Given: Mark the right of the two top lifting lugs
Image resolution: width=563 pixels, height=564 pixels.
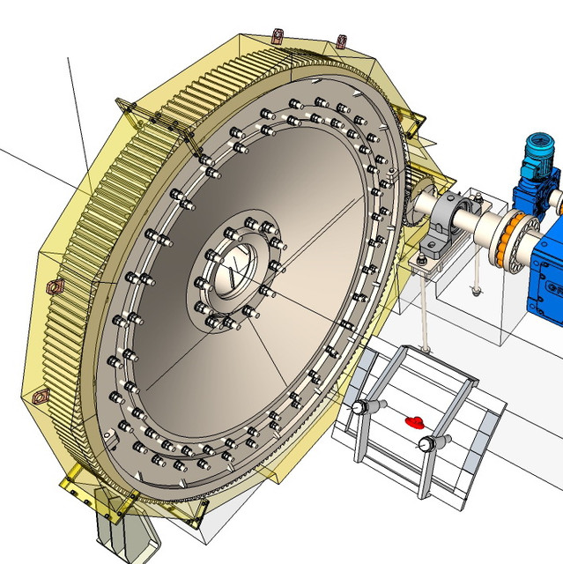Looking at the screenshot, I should pyautogui.click(x=342, y=41).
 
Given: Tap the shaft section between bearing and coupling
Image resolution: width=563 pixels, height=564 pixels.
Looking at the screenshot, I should pyautogui.click(x=488, y=227).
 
